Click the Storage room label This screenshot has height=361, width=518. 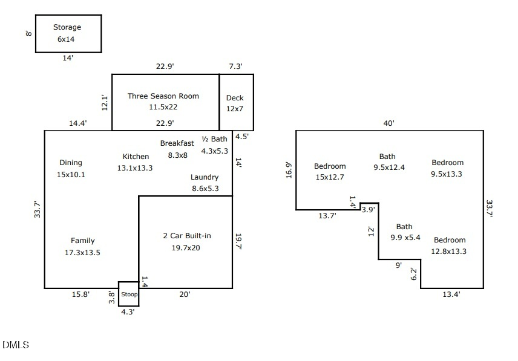coord(67,27)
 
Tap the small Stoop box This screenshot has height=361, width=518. coord(128,294)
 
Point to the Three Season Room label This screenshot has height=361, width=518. coord(163,96)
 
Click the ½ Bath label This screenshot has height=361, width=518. coord(214,139)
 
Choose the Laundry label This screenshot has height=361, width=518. coord(205,177)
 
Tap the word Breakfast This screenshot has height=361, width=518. coord(177,143)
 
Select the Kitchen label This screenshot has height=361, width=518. coord(136,157)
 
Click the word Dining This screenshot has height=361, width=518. coord(71,163)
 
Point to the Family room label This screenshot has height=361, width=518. coord(82,241)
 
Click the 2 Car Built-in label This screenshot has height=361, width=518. coord(187,236)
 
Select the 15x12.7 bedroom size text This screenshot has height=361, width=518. coord(330,177)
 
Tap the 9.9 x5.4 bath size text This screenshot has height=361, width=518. coord(405,238)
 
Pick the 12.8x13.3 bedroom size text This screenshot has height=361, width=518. coord(449,251)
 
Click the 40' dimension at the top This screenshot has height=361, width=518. coord(389,123)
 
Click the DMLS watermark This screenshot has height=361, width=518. coord(16,345)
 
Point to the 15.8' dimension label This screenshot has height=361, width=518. coord(80,294)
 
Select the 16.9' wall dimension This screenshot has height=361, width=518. coord(289,170)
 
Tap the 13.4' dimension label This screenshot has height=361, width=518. coord(451,294)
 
